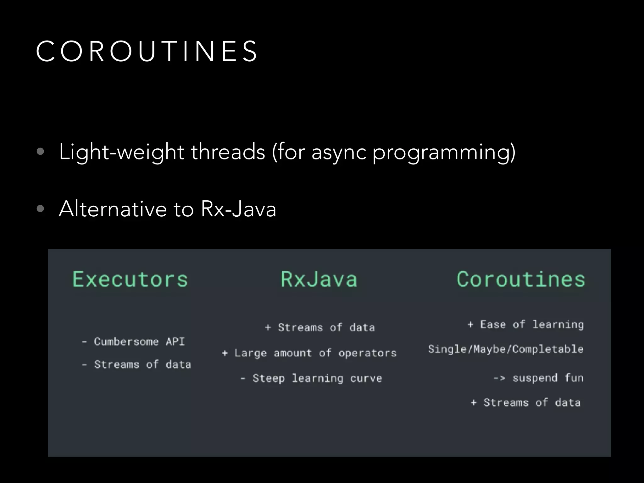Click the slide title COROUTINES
[x=147, y=51]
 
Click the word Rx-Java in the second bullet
[x=238, y=209]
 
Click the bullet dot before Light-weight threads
[x=40, y=152]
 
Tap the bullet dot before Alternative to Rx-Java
[x=40, y=208]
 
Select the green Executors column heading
[x=130, y=279]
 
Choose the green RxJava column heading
[x=319, y=279]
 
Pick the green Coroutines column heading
[x=521, y=279]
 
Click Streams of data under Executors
[x=142, y=364]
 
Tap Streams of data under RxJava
[x=326, y=328]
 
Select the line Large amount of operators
[x=315, y=353]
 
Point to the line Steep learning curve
[x=317, y=378]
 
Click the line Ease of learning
[x=532, y=325]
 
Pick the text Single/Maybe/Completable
[x=506, y=349]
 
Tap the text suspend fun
[x=548, y=378]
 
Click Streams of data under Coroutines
[x=532, y=402]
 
